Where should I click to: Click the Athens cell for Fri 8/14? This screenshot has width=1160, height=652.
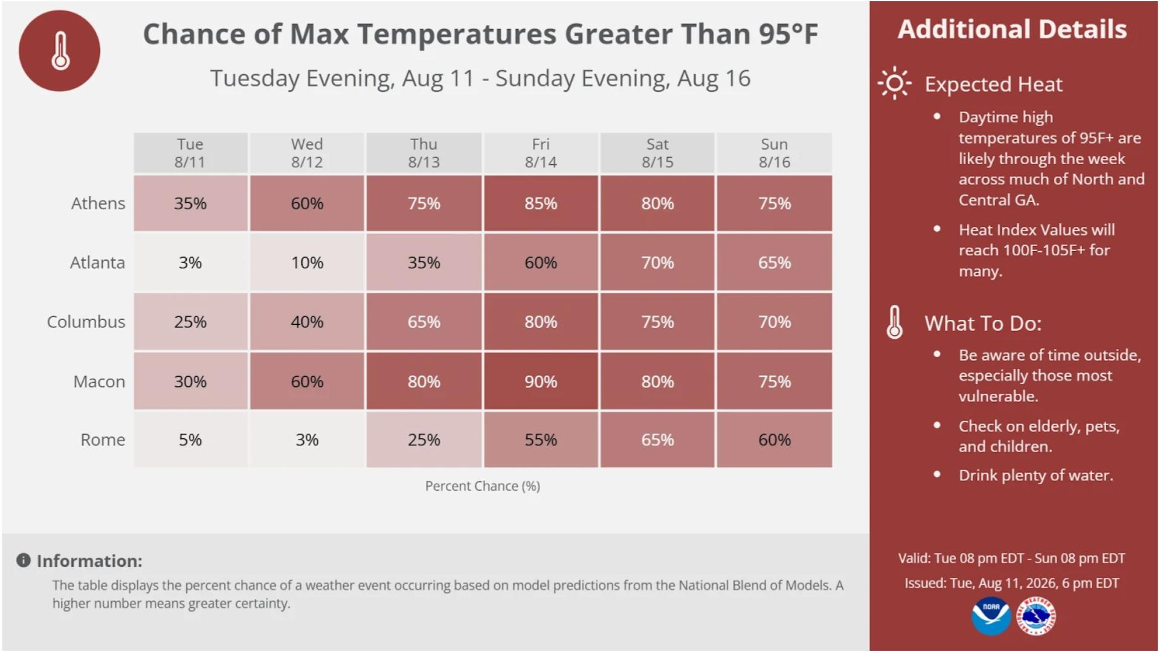[541, 203]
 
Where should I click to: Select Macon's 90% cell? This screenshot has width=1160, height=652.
[541, 381]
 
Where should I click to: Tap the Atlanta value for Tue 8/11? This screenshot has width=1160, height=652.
[190, 263]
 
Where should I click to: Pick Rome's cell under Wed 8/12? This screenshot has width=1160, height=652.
[307, 439]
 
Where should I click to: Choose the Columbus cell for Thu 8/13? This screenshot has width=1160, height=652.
[424, 322]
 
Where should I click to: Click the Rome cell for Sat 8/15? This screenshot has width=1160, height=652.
[657, 439]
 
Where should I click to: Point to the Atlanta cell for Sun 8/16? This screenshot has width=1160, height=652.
[775, 263]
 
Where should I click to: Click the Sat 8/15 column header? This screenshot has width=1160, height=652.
[657, 153]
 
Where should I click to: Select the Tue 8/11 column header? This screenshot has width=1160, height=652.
[190, 153]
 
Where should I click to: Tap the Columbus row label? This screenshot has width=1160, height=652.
[86, 322]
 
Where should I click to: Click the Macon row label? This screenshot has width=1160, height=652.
[99, 382]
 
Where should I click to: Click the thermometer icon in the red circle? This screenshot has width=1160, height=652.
[60, 51]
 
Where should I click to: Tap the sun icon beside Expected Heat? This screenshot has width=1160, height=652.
[894, 83]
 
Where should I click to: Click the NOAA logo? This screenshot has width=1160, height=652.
[991, 616]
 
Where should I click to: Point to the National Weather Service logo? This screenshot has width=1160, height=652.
[1036, 616]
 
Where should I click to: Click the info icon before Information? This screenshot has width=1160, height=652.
[24, 560]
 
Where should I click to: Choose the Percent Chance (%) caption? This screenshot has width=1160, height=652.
[483, 486]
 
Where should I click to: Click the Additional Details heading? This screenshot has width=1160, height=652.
[1012, 29]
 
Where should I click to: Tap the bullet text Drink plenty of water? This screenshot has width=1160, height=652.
[1036, 475]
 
